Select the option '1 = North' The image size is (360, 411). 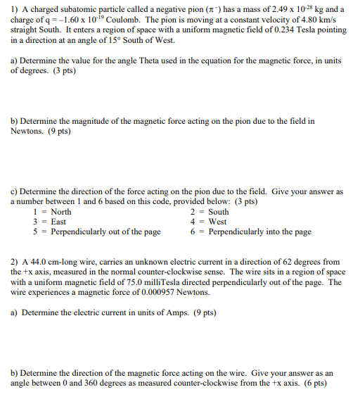point(52,212)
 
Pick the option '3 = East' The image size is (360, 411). point(49,222)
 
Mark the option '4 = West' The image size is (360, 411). point(209,222)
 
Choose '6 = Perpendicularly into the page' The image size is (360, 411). point(250,232)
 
